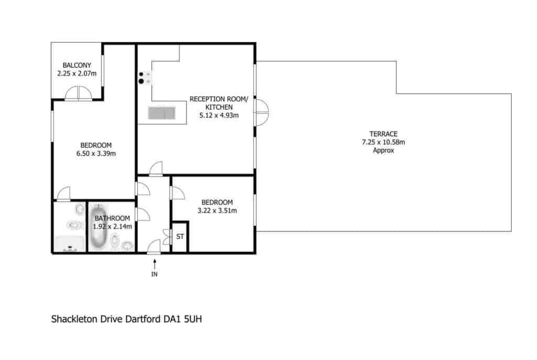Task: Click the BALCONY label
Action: tap(77, 65)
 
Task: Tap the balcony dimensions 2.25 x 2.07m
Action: tap(77, 73)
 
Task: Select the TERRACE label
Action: tap(383, 134)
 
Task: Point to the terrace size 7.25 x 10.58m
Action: tap(383, 142)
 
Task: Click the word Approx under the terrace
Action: tap(383, 150)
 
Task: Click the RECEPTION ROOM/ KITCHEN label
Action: tap(219, 103)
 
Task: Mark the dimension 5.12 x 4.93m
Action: tap(219, 115)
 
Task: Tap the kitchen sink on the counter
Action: tap(162, 113)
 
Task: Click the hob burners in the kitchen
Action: tap(144, 78)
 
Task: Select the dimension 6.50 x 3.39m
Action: tap(96, 154)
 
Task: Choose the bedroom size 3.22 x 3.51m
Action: tap(217, 211)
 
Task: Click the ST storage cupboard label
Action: tap(180, 236)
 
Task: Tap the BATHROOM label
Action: tap(112, 219)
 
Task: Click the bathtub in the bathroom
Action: tap(99, 227)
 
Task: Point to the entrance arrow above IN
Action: tap(155, 264)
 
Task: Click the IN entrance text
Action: tap(155, 274)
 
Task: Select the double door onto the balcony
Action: tap(79, 93)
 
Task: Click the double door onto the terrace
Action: tap(262, 112)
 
